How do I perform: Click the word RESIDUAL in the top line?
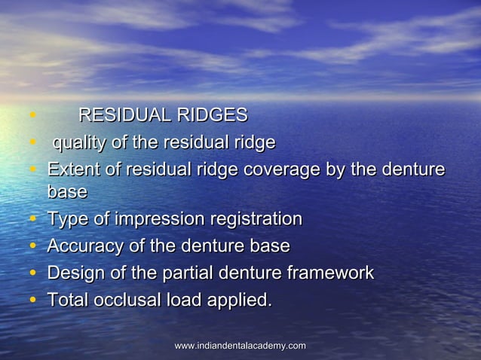[x=124, y=115]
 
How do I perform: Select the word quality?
[x=78, y=142]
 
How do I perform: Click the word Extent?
[x=72, y=169]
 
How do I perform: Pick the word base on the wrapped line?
[x=67, y=192]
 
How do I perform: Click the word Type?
[x=67, y=219]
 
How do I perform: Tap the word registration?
[x=255, y=219]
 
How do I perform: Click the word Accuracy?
[x=86, y=246]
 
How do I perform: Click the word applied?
[x=240, y=300]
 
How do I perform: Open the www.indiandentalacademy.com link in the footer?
[x=240, y=346]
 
